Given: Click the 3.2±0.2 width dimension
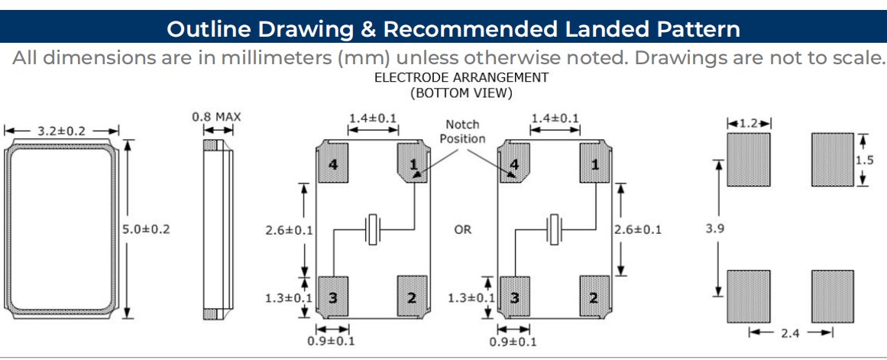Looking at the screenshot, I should [x=63, y=131].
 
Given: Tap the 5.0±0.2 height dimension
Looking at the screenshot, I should [x=146, y=229].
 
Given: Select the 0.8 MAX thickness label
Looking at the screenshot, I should [x=216, y=117].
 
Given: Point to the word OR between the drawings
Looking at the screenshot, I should [x=463, y=229].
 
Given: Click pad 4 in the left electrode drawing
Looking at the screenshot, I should [x=333, y=164].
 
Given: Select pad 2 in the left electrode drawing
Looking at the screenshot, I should [x=413, y=297].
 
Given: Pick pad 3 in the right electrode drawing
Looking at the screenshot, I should [x=514, y=297].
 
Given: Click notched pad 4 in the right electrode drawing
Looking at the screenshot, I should [x=514, y=164].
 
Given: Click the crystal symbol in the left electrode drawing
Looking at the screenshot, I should [x=373, y=229].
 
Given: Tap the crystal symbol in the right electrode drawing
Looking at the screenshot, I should [x=555, y=229].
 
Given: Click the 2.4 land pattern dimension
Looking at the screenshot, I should [x=791, y=332].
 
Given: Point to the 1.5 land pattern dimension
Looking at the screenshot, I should [x=864, y=160].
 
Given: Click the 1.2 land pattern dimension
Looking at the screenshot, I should [x=749, y=122].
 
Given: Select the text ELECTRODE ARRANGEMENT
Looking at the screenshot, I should [x=461, y=77].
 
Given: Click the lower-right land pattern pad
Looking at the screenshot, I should [x=833, y=296].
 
